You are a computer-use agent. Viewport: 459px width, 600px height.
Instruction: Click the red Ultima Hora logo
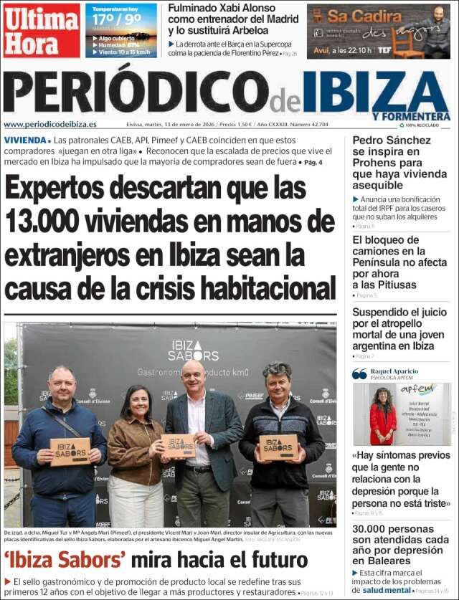41,30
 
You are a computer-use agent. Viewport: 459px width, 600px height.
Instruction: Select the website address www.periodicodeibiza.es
50,124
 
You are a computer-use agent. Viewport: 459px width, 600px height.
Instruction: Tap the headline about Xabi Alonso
234,20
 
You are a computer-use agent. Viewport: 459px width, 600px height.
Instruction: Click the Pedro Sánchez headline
392,163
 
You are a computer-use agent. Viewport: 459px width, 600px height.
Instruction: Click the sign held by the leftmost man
70,450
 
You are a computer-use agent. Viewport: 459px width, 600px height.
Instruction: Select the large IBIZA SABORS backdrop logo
194,351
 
